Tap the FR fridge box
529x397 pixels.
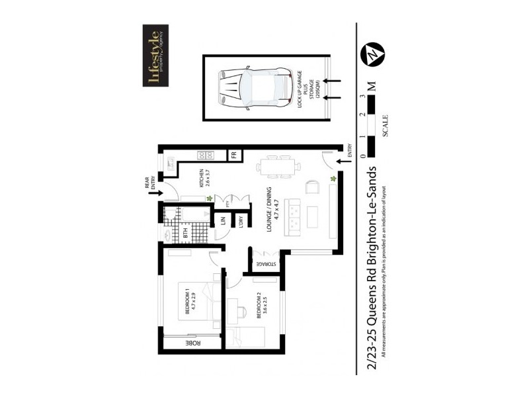tap(233, 155)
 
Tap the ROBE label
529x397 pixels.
tap(192, 343)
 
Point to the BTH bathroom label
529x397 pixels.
tap(186, 232)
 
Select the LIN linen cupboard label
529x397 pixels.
tap(224, 223)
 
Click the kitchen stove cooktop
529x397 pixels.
tap(205, 156)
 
